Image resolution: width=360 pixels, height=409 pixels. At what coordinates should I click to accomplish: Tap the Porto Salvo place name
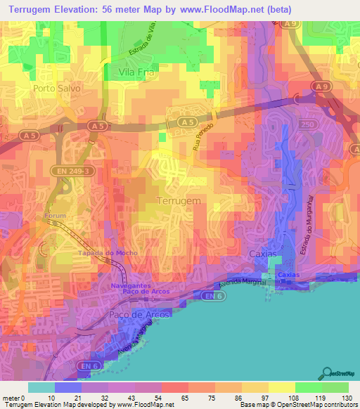pyautogui.click(x=57, y=89)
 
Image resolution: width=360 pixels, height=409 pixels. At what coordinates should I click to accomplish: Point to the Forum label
pyautogui.click(x=56, y=216)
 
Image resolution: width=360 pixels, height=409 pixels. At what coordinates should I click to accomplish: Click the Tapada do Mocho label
pyautogui.click(x=103, y=253)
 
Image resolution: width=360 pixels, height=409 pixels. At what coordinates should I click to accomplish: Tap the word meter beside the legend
pyautogui.click(x=11, y=398)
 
